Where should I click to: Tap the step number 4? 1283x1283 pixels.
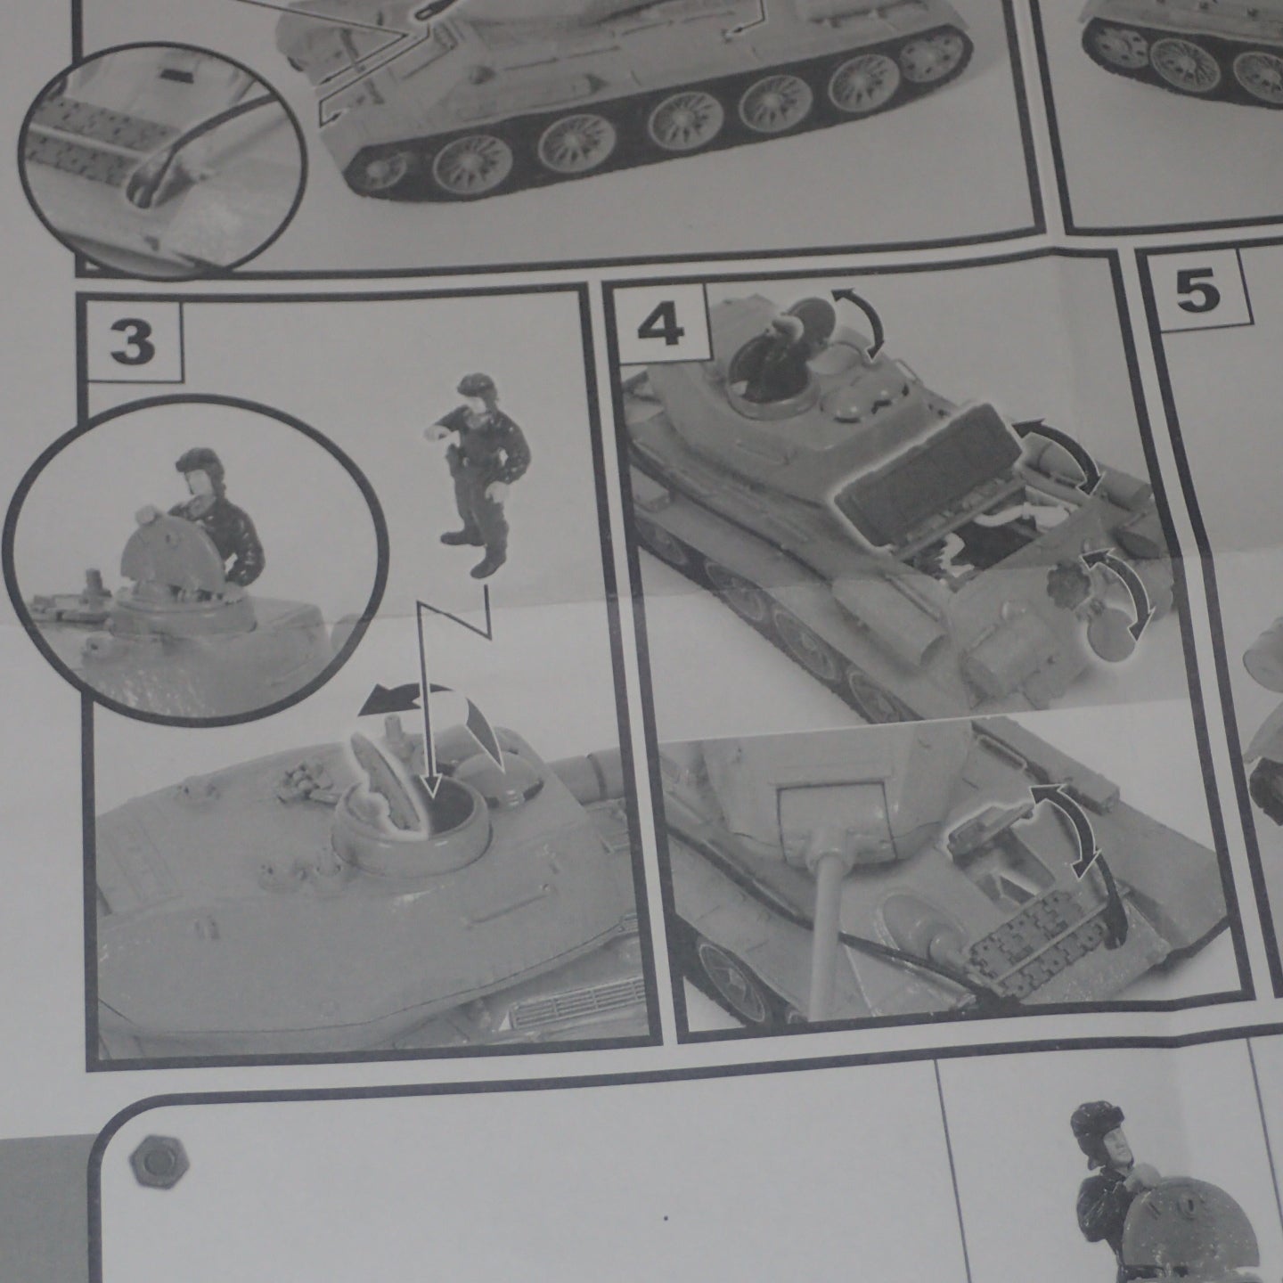tap(661, 328)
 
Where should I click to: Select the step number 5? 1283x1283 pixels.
tap(1197, 292)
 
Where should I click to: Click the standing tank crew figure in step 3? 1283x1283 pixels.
tap(478, 473)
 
